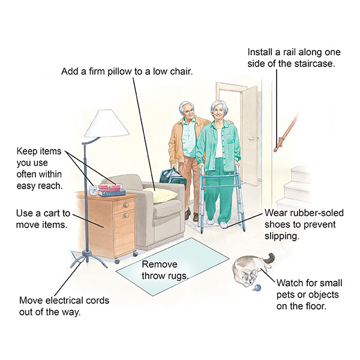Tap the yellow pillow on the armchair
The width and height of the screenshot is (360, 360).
(160, 194)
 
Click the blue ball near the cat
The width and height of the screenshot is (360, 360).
(258, 287)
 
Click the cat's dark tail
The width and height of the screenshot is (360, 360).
(270, 257)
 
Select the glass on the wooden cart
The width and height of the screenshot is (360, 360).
(93, 190)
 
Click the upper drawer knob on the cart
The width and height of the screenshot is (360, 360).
(125, 205)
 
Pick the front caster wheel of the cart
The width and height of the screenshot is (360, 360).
(117, 261)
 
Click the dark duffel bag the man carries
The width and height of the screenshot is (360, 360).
(173, 177)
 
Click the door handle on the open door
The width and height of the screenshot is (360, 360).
(252, 139)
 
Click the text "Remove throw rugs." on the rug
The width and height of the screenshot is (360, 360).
(165, 270)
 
